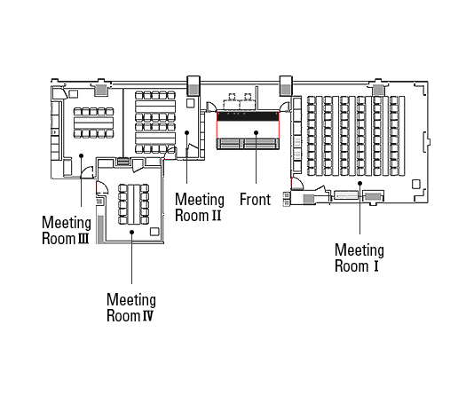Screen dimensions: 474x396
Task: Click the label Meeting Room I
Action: [359, 257]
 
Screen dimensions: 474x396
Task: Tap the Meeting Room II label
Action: [200, 208]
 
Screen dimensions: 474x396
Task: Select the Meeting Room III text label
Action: [67, 230]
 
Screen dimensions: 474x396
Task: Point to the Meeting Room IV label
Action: [131, 307]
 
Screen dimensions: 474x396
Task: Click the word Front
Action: [255, 200]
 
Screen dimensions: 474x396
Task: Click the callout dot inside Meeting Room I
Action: [359, 183]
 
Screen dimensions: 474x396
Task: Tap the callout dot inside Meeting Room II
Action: [186, 132]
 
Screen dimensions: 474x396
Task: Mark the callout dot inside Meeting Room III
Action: [81, 155]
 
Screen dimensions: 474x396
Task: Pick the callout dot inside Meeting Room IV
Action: [131, 232]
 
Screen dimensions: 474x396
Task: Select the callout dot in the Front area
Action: [256, 132]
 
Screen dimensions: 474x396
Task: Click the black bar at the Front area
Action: [248, 116]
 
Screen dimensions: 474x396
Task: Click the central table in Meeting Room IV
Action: [133, 204]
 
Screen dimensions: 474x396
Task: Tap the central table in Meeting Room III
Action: [94, 123]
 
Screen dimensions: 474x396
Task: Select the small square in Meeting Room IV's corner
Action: [154, 232]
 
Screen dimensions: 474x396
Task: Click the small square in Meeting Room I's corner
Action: [416, 184]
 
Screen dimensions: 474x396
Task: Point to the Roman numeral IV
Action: [148, 316]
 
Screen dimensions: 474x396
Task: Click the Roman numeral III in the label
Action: [83, 239]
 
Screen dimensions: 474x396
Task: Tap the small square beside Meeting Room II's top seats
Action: [191, 103]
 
